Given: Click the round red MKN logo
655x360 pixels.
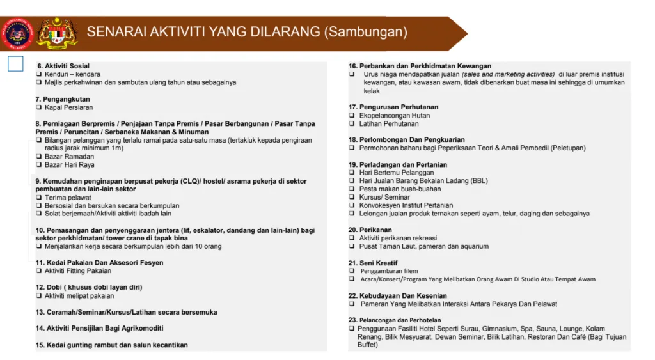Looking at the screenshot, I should point(17,34).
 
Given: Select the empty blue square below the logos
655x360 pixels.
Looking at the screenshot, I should point(15,63).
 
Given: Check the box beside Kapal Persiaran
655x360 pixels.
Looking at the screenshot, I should point(38,107).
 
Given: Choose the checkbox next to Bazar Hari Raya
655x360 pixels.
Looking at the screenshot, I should point(38,165).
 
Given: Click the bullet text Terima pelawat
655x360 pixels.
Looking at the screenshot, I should point(68,198).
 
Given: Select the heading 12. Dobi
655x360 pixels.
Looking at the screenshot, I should point(89,287).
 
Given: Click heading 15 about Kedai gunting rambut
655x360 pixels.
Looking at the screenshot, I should point(111,345).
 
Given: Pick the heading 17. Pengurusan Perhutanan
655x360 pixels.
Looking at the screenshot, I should point(393,107).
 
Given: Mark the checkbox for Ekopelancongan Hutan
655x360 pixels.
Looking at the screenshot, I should point(352,116).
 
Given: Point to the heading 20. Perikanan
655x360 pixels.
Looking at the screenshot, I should point(370,230).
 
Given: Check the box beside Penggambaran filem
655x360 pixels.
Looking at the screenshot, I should point(352,271).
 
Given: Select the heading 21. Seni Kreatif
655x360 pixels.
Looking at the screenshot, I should point(373,263).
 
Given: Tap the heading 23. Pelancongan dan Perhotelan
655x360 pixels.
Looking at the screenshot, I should point(395,320).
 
